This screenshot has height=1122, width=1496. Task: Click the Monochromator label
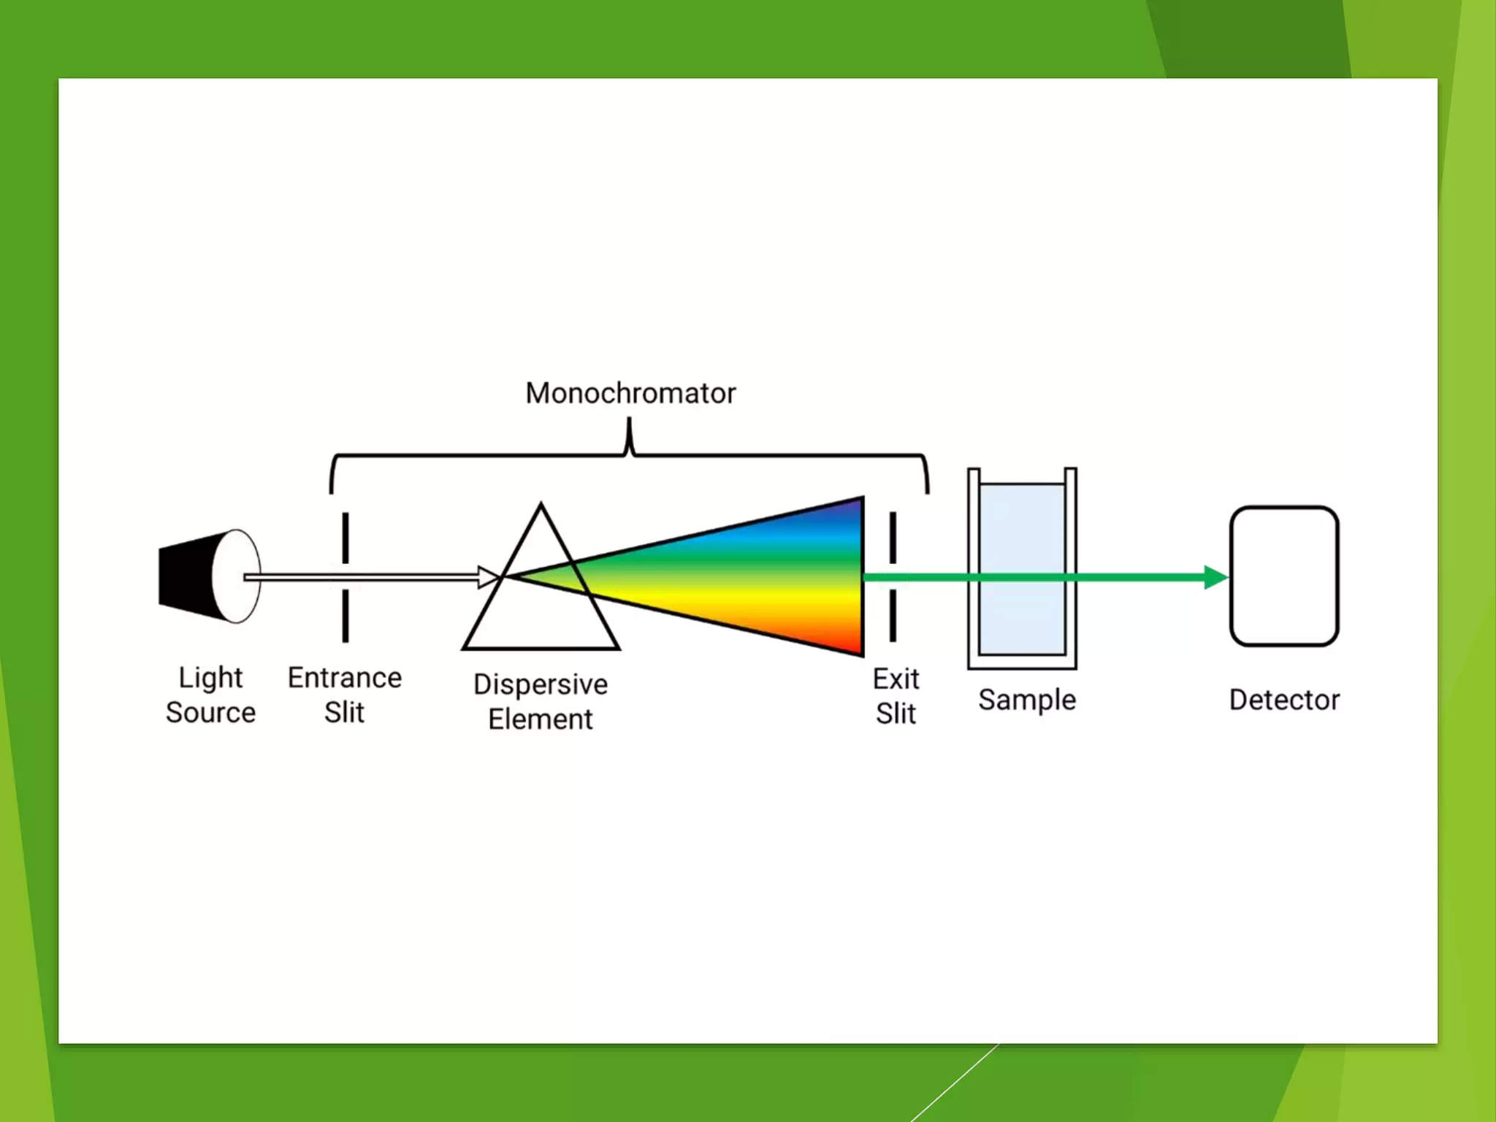tap(630, 393)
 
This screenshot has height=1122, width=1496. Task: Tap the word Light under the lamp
tap(210, 678)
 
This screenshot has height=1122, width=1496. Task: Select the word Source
tap(210, 712)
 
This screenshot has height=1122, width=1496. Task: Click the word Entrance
tap(345, 678)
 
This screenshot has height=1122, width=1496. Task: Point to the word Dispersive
tap(541, 684)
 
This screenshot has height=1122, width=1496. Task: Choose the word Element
tap(541, 720)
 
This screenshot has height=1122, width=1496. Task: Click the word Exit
tap(896, 679)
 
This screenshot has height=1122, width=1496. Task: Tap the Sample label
tap(1027, 700)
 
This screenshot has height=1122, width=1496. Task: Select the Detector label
tap(1284, 700)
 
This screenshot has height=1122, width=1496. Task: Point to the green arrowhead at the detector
tap(1215, 577)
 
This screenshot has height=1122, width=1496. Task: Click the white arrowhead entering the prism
tap(488, 577)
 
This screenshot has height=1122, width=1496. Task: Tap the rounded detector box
tap(1284, 576)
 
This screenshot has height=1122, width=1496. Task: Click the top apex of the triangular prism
tap(541, 506)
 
